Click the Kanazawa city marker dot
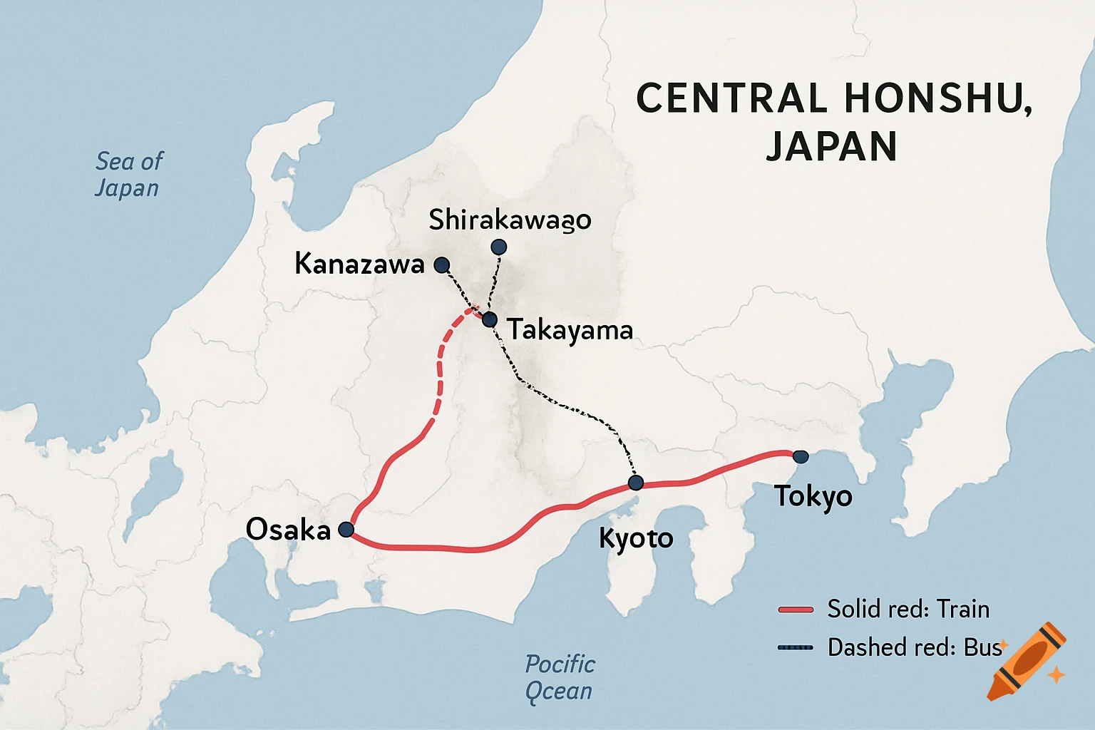coord(442,265)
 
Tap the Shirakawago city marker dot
coord(499,247)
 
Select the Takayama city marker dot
coord(489,319)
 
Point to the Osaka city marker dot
coord(346,529)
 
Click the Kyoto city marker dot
coord(636,483)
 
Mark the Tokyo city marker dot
coord(801,457)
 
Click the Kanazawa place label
coord(359,264)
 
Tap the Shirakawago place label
coord(510,220)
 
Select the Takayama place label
coord(570,330)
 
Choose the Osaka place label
coord(288,530)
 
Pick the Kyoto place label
coord(636,538)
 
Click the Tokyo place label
coord(813,496)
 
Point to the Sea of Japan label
coord(128,175)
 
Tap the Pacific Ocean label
coord(560,677)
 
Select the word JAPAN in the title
coord(831,146)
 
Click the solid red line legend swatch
coord(796,610)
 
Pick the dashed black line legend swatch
coord(796,648)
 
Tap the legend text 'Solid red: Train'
coord(908,610)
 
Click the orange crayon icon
coord(1028,662)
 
